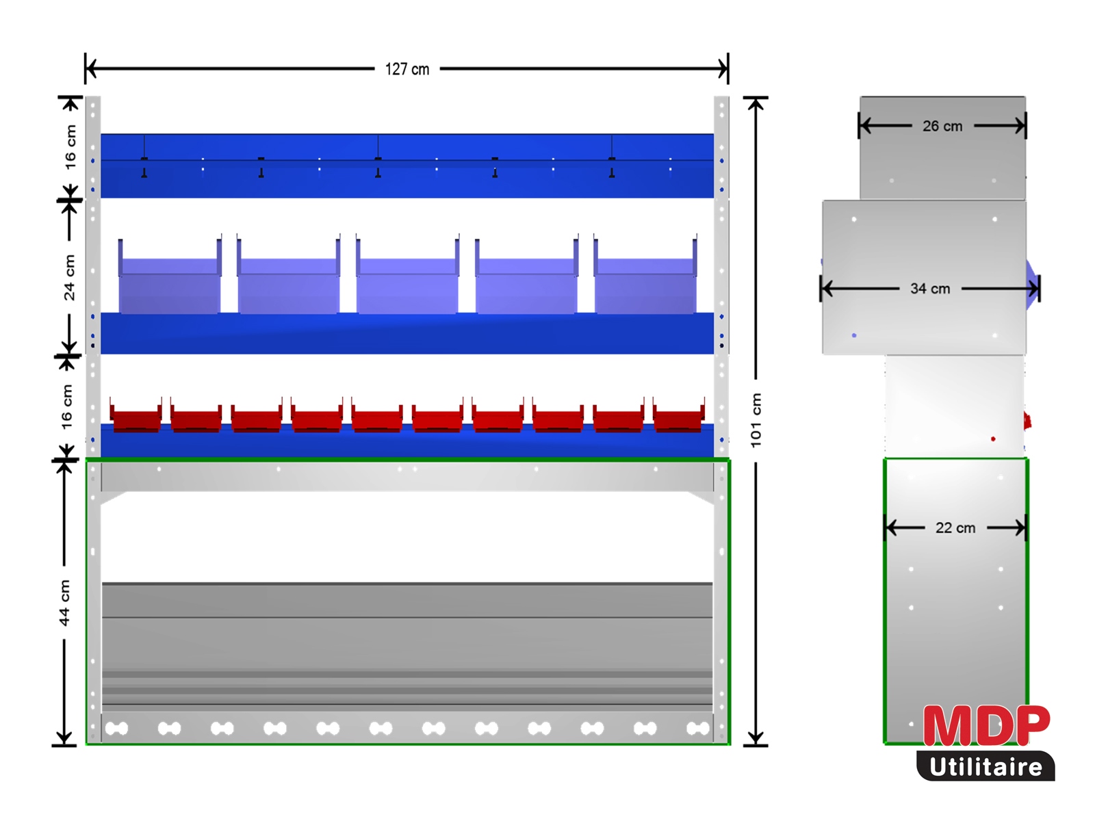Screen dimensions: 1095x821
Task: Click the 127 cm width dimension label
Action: (407, 69)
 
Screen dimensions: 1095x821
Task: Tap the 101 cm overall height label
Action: (756, 420)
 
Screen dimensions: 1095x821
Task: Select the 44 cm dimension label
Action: (65, 603)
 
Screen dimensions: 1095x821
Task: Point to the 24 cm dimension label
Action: (69, 278)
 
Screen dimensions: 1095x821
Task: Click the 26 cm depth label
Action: (942, 126)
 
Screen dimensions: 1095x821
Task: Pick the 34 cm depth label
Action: (930, 289)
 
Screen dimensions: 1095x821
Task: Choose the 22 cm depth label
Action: (955, 528)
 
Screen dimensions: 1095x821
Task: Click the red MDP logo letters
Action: (986, 725)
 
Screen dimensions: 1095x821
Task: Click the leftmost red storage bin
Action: (136, 415)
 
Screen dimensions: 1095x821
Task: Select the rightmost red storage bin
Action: (679, 415)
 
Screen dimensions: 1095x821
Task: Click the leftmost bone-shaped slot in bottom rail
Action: (117, 729)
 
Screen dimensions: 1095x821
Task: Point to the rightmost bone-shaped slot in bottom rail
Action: (698, 729)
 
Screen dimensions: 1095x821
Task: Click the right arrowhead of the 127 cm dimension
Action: (722, 69)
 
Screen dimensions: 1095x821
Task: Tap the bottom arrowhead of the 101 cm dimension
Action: (756, 739)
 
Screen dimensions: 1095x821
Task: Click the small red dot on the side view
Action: (993, 439)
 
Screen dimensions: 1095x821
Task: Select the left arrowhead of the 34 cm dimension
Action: (827, 289)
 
